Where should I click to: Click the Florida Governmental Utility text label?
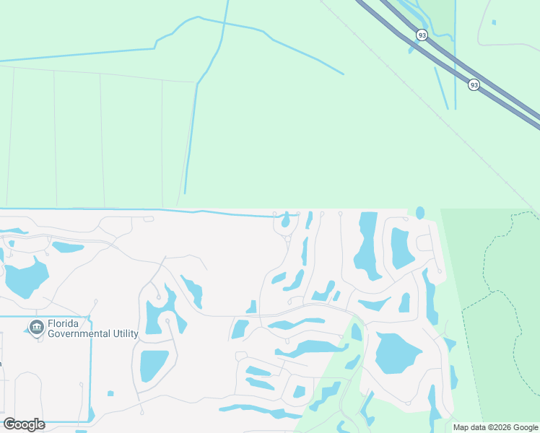click(x=92, y=329)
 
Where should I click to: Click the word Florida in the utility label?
click(x=64, y=324)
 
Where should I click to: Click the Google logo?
click(x=24, y=424)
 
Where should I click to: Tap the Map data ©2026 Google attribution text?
click(x=495, y=427)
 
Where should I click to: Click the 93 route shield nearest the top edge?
click(x=422, y=35)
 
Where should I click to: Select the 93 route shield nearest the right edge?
click(x=474, y=84)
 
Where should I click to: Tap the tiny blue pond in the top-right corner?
click(x=494, y=22)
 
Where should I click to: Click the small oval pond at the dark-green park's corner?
click(x=420, y=213)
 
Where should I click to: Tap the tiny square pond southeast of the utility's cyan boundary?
click(x=110, y=393)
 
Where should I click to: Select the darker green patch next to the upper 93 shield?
click(x=437, y=18)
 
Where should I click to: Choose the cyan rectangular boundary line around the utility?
click(x=91, y=361)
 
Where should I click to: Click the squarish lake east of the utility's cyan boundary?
click(x=154, y=365)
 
